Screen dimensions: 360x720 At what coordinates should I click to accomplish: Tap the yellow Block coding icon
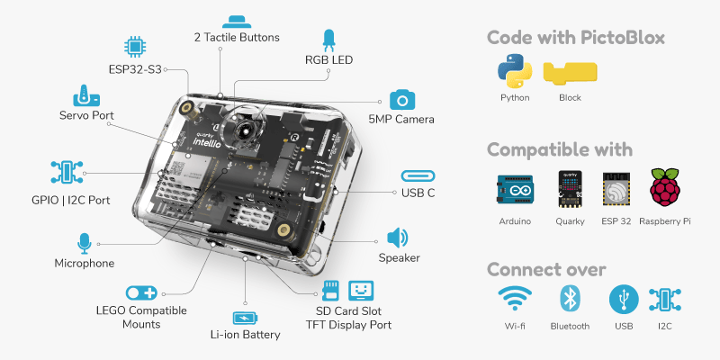pyautogui.click(x=570, y=72)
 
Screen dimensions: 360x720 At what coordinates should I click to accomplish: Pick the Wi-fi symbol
pyautogui.click(x=515, y=300)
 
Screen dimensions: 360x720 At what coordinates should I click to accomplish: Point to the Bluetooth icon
pyautogui.click(x=569, y=300)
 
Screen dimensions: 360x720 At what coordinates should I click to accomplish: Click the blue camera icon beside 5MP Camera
pyautogui.click(x=400, y=100)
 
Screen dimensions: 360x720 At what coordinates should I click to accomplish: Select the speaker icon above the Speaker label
pyautogui.click(x=397, y=238)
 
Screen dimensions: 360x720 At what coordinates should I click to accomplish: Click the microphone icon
pyautogui.click(x=85, y=243)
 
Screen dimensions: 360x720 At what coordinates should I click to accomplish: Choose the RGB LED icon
pyautogui.click(x=328, y=40)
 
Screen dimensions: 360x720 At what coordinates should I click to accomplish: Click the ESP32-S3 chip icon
pyautogui.click(x=135, y=47)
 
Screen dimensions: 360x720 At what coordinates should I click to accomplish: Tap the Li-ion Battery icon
pyautogui.click(x=244, y=318)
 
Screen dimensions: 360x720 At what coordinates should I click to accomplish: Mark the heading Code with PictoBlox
pyautogui.click(x=576, y=38)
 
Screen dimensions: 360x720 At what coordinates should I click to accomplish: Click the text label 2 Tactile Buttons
pyautogui.click(x=237, y=38)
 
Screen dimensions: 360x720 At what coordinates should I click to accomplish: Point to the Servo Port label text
pyautogui.click(x=86, y=115)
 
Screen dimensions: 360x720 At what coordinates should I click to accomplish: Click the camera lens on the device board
pyautogui.click(x=244, y=132)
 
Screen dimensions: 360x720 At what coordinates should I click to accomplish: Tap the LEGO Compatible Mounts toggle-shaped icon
pyautogui.click(x=141, y=292)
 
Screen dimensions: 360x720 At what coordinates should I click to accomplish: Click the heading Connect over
pyautogui.click(x=546, y=269)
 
